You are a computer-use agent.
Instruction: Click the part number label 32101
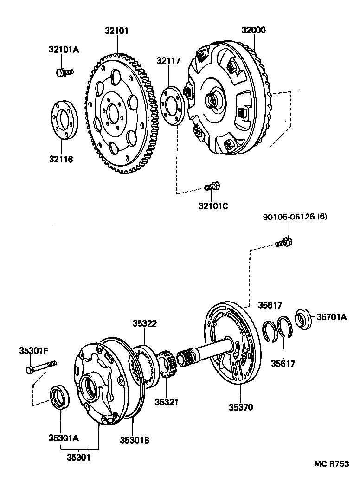click(x=116, y=31)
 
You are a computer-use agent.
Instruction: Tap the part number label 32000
click(x=253, y=31)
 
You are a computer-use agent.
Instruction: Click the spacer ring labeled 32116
click(x=64, y=120)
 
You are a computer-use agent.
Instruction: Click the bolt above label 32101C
click(x=212, y=187)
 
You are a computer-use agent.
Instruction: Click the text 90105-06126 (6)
click(x=294, y=217)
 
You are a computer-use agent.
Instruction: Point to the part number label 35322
click(x=145, y=323)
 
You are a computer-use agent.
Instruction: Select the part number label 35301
click(x=77, y=457)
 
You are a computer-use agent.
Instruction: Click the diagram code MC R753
click(x=331, y=464)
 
